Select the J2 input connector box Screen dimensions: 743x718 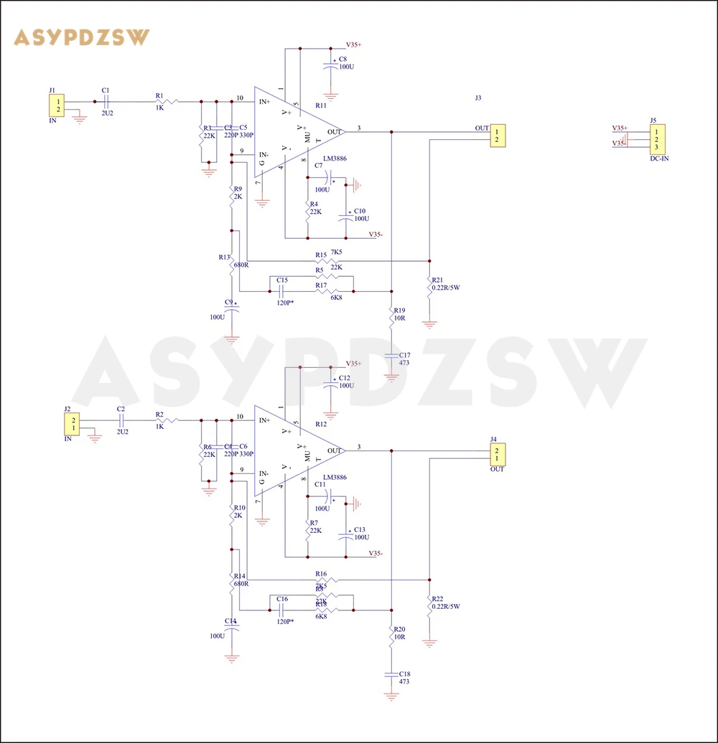coord(73,423)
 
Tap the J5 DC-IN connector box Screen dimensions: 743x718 coord(656,138)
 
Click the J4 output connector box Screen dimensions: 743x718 coord(496,454)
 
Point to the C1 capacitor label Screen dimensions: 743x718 coord(106,90)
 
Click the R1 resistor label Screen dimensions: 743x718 coord(159,95)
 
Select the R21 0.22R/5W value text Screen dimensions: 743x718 coord(446,288)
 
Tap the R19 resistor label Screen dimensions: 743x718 coord(400,311)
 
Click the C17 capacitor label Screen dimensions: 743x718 coord(405,355)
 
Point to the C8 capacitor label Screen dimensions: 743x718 coord(343,59)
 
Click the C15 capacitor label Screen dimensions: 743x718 coord(281,280)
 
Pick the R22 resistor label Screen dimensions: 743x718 coord(437,598)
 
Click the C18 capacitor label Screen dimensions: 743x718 coord(405,673)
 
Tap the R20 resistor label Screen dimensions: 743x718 coord(400,629)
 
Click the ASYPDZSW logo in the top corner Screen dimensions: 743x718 coord(82,37)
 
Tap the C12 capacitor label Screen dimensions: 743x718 coord(345,377)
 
